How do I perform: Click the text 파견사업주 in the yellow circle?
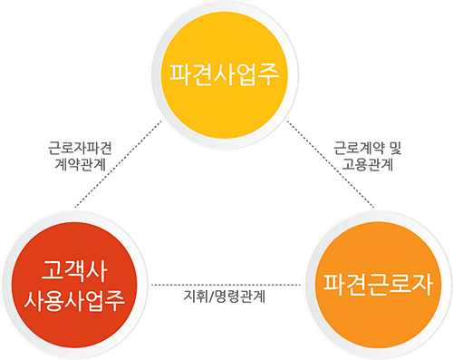(226, 72)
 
